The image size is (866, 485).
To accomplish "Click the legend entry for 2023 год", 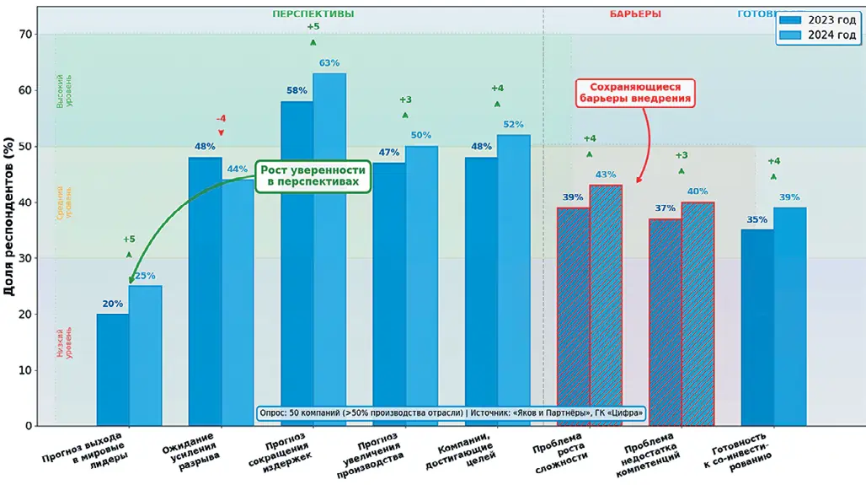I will [x=819, y=19].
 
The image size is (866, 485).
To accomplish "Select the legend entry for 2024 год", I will [x=819, y=35].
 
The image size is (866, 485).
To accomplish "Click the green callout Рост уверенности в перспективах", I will [x=313, y=175].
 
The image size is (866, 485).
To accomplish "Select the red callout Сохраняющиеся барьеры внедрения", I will [x=636, y=92].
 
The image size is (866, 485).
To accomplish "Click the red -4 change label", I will [x=221, y=118].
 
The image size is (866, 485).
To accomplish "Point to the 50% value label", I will [x=421, y=135].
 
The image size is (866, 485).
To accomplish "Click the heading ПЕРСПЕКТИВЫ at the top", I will [x=313, y=13].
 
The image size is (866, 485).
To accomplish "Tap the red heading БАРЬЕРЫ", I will [x=635, y=13].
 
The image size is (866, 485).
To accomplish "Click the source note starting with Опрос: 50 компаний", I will [x=450, y=413].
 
